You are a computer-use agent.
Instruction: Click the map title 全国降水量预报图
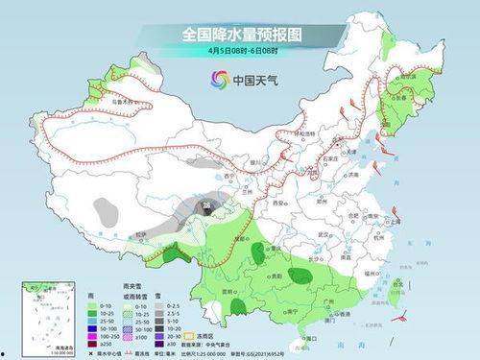tap(239, 36)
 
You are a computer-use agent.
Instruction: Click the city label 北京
tap(330, 138)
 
